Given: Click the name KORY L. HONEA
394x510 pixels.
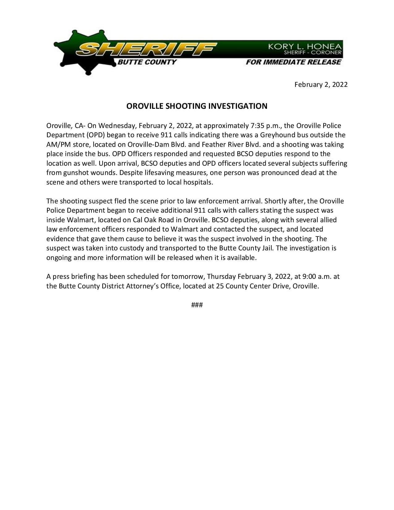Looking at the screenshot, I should click(305, 46).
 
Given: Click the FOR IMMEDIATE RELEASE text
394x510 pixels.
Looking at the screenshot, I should click(293, 62).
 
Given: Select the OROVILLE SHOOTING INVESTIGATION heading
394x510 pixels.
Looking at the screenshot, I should click(197, 106).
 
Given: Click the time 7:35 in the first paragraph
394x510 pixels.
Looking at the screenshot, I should click(256, 126).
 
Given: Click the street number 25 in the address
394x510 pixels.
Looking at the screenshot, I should click(220, 286).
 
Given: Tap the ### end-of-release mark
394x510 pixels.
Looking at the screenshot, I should click(197, 305).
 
